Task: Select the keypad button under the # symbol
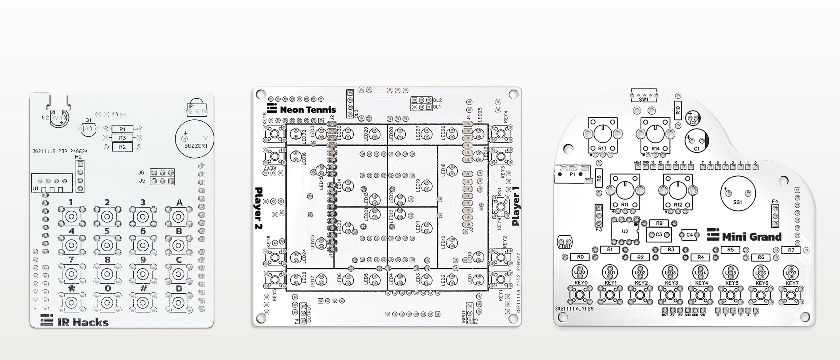coord(142,302)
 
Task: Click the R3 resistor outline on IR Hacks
coord(122,138)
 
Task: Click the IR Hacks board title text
coord(83,323)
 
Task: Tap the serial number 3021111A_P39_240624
coord(60,151)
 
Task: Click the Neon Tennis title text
coord(307,110)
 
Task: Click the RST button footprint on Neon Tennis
coord(500,206)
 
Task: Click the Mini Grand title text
coord(752,237)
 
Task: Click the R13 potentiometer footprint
coord(603,134)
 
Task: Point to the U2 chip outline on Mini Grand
coord(625,231)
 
